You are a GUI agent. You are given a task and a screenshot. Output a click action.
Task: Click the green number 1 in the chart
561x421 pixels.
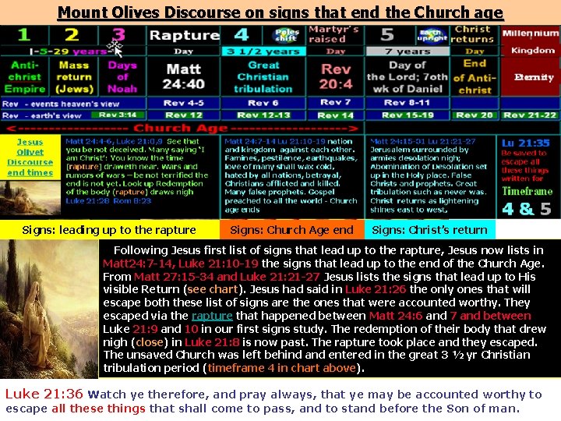pos(24,35)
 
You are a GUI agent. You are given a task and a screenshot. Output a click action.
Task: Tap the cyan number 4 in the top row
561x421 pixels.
pos(242,35)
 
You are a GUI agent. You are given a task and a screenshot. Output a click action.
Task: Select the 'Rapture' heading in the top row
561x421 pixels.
pos(184,35)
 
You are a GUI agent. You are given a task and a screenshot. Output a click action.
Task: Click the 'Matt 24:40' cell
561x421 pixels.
pos(185,76)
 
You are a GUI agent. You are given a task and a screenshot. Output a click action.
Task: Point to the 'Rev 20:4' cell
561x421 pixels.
pos(336,76)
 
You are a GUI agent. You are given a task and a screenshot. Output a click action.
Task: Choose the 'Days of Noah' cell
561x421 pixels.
pos(122,76)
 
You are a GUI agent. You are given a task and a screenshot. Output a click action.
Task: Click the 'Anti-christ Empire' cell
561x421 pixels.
pos(26,76)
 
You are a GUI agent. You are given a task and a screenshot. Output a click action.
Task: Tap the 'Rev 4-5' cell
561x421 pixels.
pos(185,103)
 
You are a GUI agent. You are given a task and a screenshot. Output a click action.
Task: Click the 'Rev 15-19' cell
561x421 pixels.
pos(408,115)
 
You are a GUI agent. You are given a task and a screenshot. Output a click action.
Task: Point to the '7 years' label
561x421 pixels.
pos(408,51)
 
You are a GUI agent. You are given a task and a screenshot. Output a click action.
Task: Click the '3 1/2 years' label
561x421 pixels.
pos(252,51)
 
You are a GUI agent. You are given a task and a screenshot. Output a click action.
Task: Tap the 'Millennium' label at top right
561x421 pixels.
pos(530,34)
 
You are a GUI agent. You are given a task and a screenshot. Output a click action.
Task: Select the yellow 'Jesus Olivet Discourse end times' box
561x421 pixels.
pos(30,157)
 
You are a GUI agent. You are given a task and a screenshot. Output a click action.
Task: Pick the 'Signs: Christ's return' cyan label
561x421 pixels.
pos(429,230)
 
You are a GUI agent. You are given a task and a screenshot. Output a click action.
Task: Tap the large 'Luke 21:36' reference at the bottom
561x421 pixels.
pos(44,394)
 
